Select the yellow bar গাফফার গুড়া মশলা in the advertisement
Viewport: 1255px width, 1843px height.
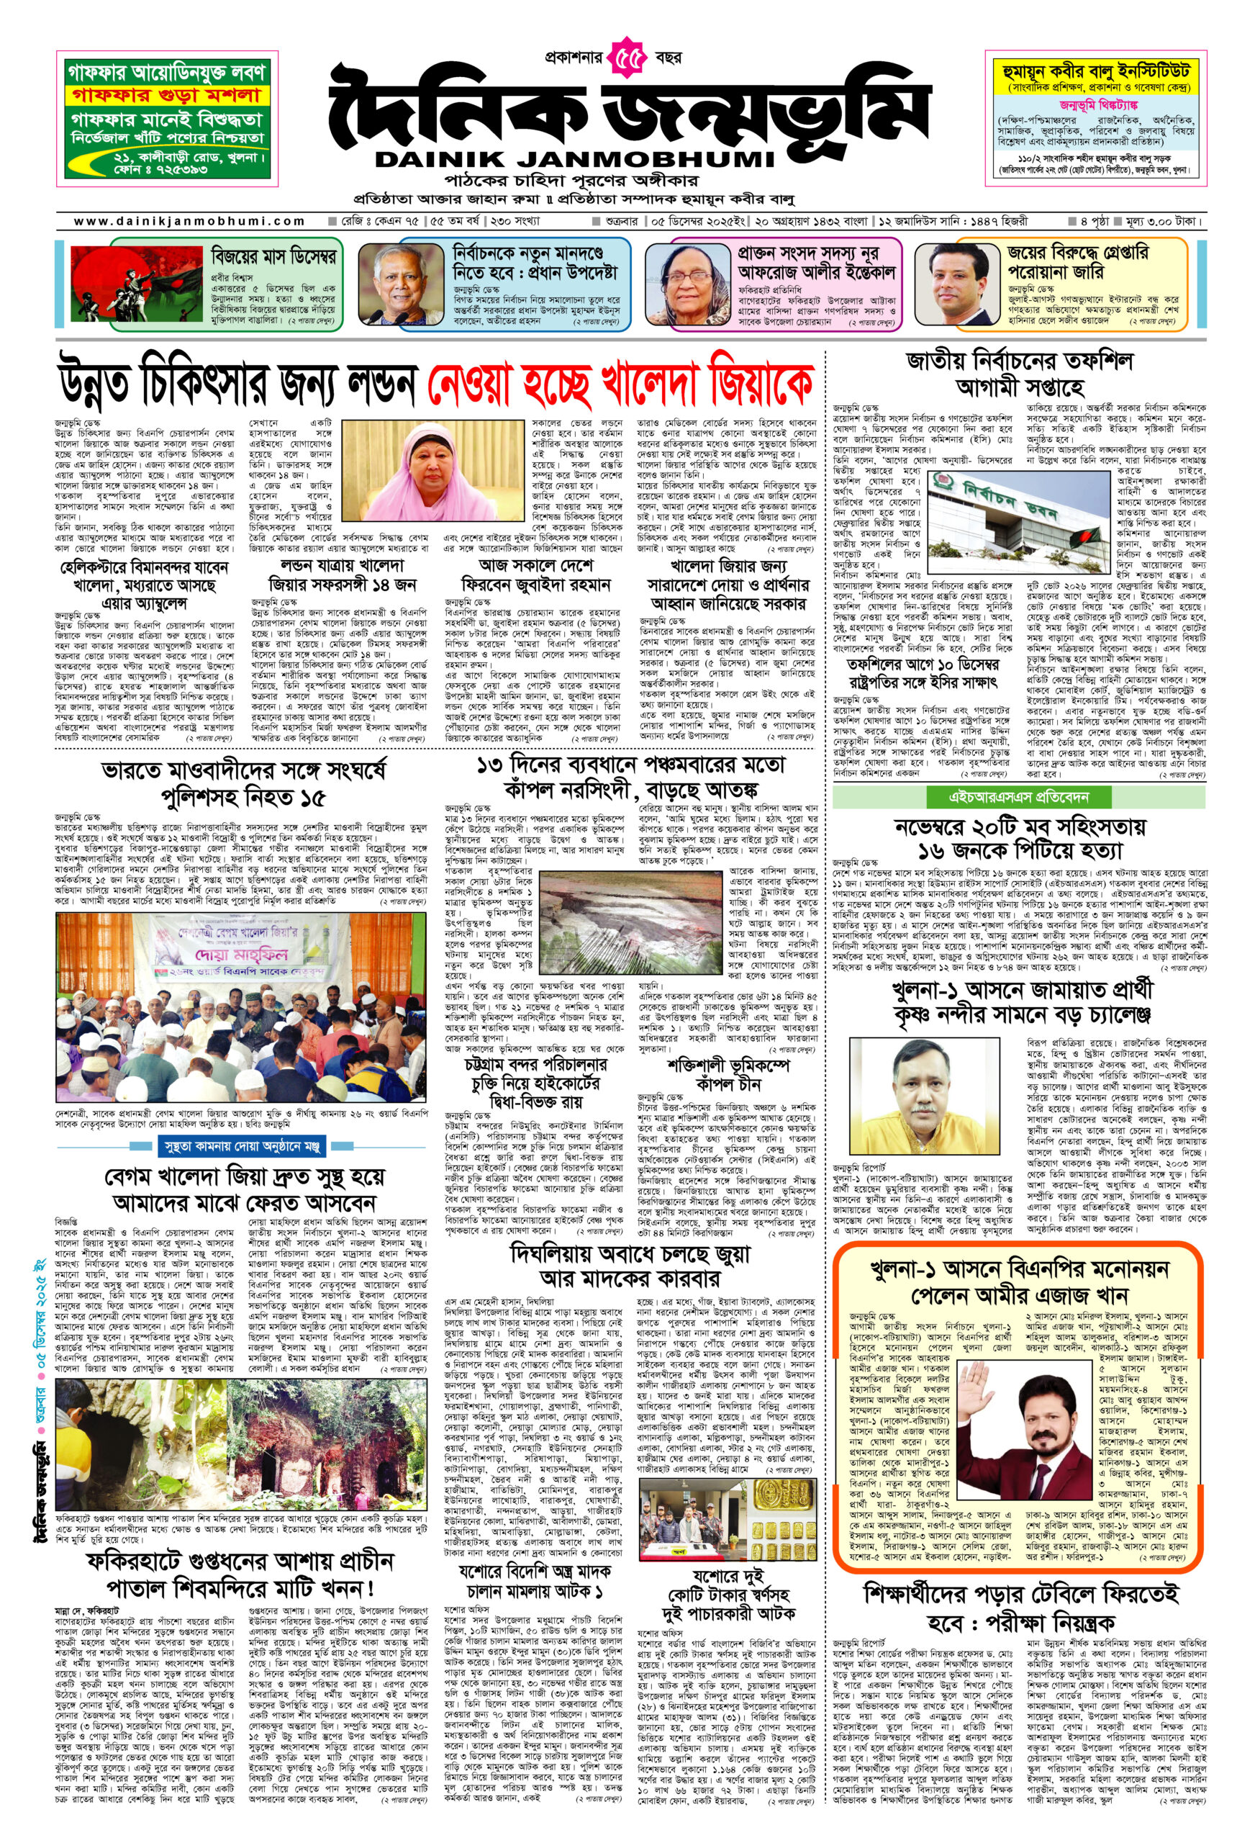(166, 96)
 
